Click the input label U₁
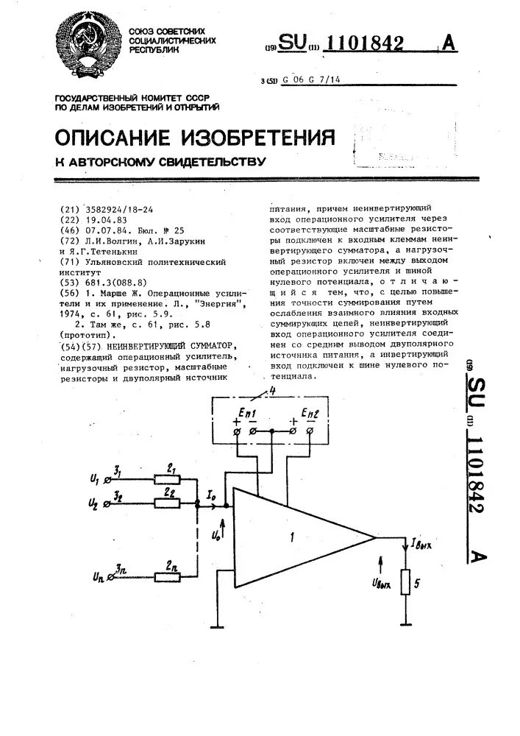(93, 479)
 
